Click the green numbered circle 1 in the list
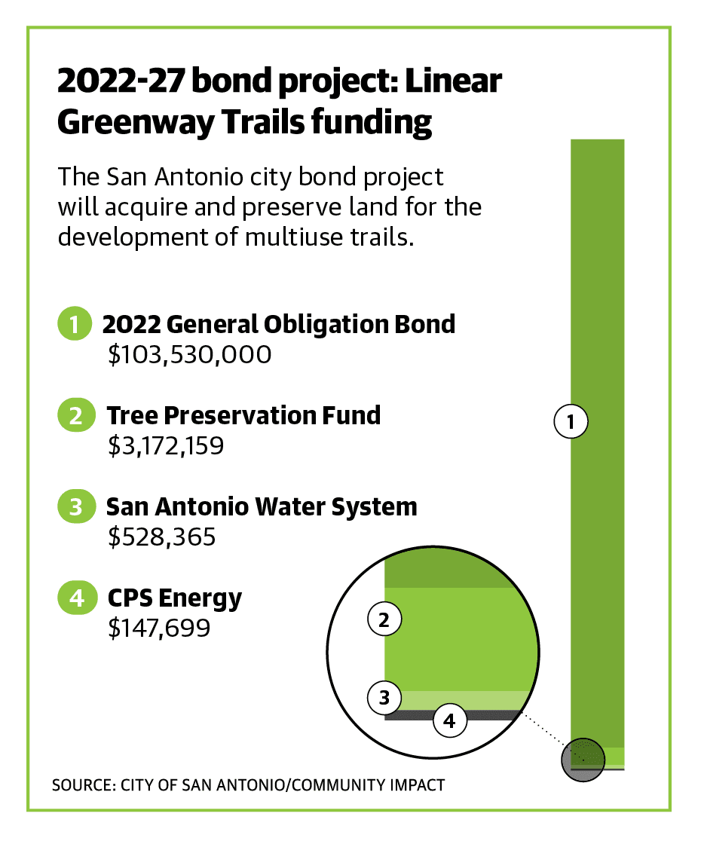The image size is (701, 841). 75,323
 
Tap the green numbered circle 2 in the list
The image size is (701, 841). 76,415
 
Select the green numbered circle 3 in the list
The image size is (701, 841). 76,506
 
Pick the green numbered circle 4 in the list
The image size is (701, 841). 77,598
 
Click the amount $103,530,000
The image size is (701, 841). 190,355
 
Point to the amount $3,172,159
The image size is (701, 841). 166,445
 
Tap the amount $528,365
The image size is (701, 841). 162,537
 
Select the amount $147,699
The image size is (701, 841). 159,628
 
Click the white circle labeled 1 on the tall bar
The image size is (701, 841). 571,421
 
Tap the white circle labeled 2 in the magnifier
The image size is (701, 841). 384,619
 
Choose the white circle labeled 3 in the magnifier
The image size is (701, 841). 384,698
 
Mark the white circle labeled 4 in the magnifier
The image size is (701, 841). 449,720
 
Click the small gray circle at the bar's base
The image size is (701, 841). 583,760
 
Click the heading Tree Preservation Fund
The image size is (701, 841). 243,416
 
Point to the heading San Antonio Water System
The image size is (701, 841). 262,507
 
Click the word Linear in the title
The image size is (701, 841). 453,81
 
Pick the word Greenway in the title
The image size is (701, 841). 136,124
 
